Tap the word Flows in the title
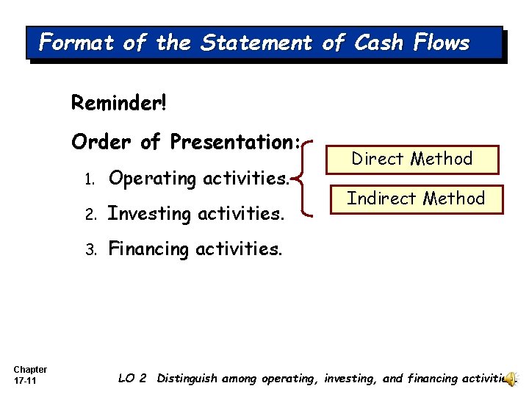(x=441, y=43)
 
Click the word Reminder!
(x=119, y=102)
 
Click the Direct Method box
(x=412, y=159)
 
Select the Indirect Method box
(x=416, y=198)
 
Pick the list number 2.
(x=88, y=215)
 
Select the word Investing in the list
(x=148, y=214)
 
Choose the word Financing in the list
(x=149, y=249)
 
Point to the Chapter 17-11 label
(x=30, y=374)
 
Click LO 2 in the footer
(x=132, y=379)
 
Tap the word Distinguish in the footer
(x=192, y=379)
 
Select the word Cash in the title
(x=376, y=43)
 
